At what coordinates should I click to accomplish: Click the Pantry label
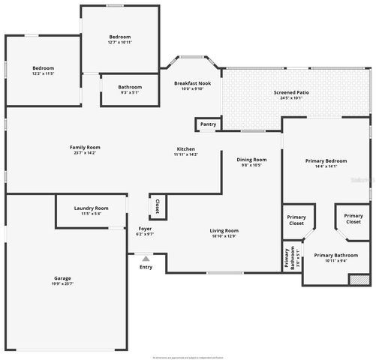(x=208, y=124)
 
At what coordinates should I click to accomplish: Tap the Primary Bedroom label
(x=326, y=161)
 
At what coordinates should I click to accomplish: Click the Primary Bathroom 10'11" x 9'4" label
(x=335, y=255)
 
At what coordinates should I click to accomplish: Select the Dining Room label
(x=251, y=159)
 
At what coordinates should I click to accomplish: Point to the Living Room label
(x=224, y=230)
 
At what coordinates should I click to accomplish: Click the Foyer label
(x=145, y=229)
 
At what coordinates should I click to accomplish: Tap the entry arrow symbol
(x=145, y=258)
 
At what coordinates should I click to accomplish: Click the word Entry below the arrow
(x=146, y=267)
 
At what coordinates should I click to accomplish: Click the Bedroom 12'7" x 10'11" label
(x=120, y=37)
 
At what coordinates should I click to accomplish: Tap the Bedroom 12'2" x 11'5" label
(x=43, y=68)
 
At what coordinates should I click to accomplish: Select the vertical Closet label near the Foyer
(x=157, y=205)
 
